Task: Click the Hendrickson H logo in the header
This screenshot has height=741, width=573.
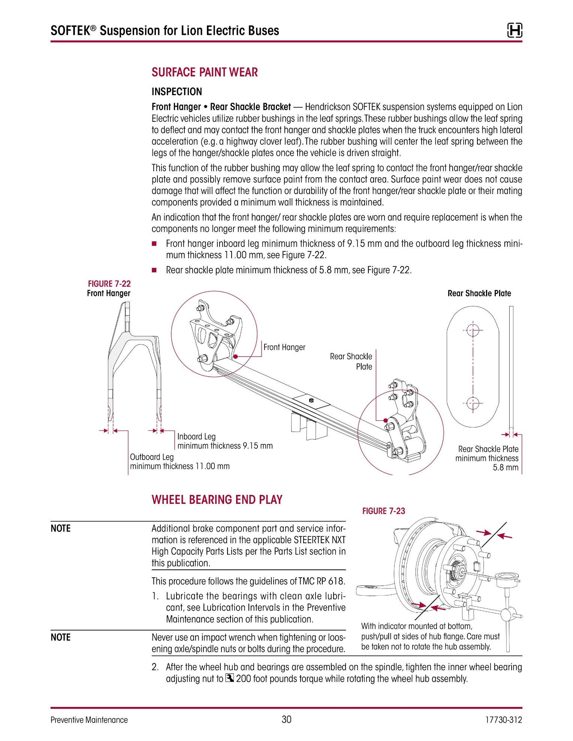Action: tap(515, 30)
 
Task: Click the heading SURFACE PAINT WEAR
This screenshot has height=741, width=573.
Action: tap(205, 72)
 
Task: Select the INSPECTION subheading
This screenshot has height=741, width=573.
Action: tap(177, 92)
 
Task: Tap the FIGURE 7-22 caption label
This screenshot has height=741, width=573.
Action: tap(109, 284)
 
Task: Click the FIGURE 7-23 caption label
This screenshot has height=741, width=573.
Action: tap(383, 511)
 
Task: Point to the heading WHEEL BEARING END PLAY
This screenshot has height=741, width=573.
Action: tap(217, 500)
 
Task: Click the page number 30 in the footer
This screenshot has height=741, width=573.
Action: tap(286, 719)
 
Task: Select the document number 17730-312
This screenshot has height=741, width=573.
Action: tap(503, 720)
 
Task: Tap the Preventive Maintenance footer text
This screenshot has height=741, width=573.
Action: tap(89, 720)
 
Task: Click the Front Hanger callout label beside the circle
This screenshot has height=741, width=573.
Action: tap(284, 347)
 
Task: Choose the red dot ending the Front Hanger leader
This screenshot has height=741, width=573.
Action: tap(236, 357)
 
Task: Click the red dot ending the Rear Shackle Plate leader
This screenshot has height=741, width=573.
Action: tap(386, 420)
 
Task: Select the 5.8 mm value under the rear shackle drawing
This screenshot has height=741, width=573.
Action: tap(506, 468)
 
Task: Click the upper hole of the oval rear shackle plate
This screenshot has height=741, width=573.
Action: tap(473, 330)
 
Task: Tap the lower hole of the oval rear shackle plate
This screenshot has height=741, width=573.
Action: tap(473, 403)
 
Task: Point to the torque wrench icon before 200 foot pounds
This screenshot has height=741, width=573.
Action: tap(230, 678)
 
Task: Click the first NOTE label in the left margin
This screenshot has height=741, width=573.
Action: tap(61, 529)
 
